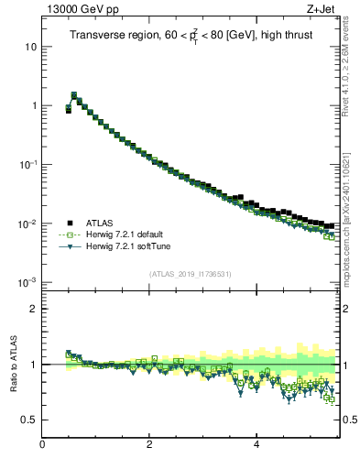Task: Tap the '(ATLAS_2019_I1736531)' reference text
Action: [190, 274]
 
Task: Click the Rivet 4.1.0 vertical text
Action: [351, 82]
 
